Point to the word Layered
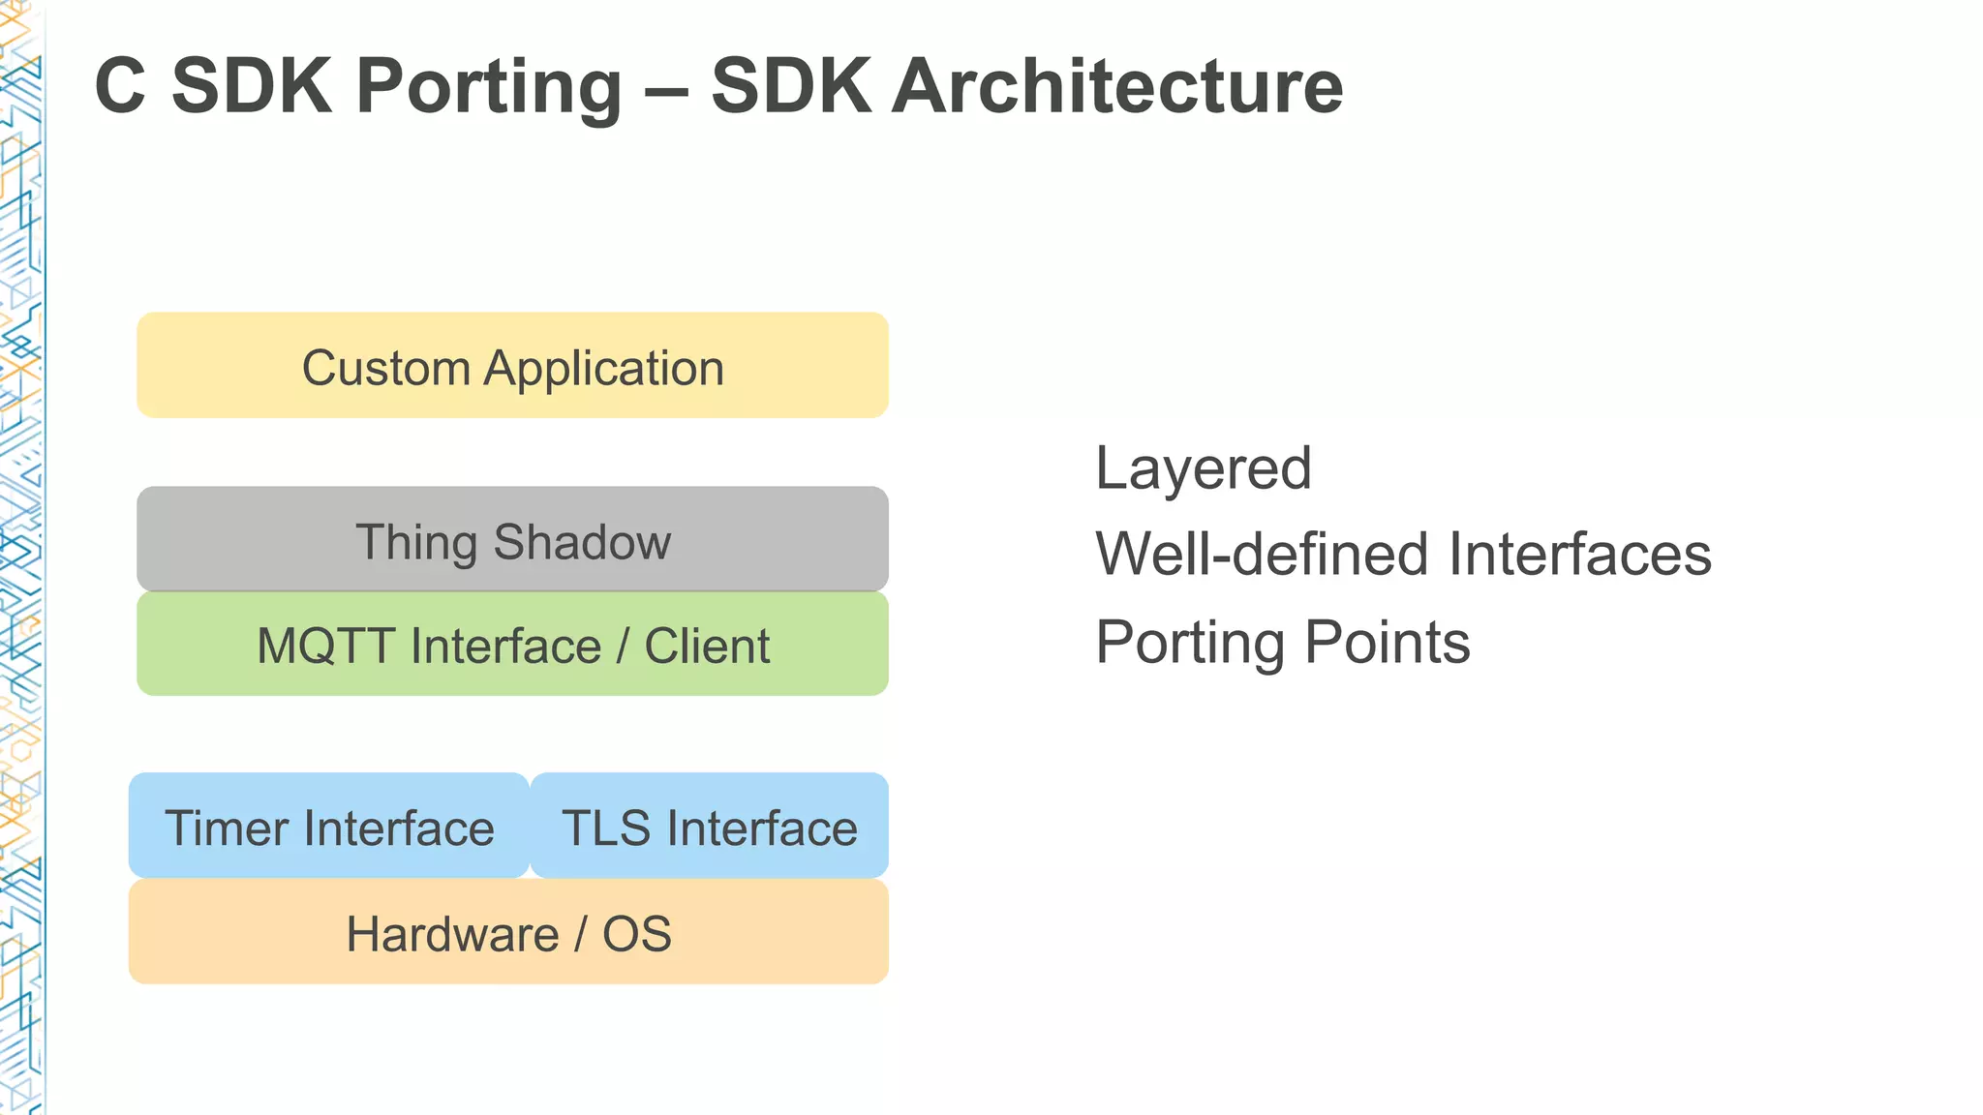click(1203, 469)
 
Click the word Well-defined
click(1264, 555)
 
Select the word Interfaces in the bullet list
click(1579, 555)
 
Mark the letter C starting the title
click(120, 87)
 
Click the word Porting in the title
click(489, 87)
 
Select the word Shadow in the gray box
click(582, 542)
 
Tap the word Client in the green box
click(707, 646)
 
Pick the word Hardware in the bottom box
click(452, 934)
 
